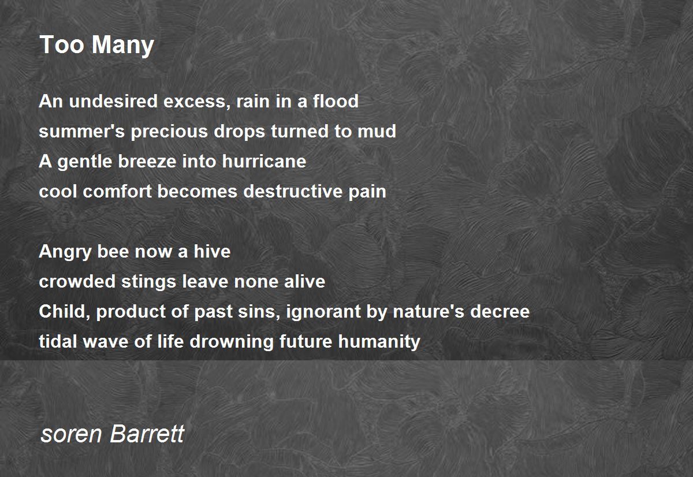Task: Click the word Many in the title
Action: pos(123,46)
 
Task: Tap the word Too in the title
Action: pos(62,44)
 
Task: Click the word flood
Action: pos(336,101)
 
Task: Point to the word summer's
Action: pos(81,131)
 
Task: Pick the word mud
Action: pos(377,131)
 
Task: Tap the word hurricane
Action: pos(264,161)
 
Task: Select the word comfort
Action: pos(117,191)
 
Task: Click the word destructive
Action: pos(293,191)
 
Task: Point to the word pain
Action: pos(367,192)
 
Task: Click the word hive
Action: pos(212,251)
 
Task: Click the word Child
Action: pos(64,312)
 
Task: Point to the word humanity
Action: pos(379,342)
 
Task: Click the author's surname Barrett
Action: pos(147,433)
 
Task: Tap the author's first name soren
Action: pos(71,435)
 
